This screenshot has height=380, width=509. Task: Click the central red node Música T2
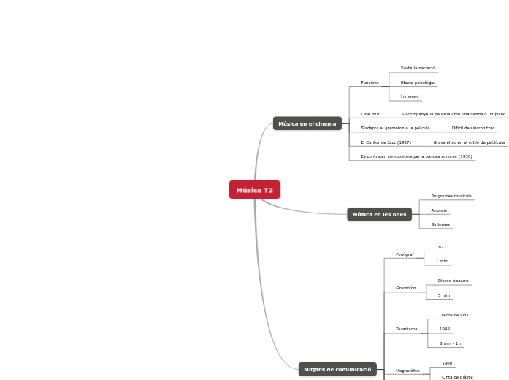point(254,190)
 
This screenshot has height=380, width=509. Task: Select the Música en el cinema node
point(307,123)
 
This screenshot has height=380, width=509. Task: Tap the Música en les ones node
point(379,214)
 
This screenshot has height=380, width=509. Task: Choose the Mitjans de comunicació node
point(337,369)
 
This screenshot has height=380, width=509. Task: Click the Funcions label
point(370,83)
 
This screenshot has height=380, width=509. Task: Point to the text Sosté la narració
point(417,67)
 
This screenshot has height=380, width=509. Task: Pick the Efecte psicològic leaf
point(417,83)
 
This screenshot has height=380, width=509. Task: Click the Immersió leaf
point(410,96)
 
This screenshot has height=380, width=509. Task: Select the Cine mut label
point(370,114)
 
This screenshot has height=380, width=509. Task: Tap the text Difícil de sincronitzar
point(472,128)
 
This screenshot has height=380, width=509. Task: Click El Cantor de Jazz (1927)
point(386,142)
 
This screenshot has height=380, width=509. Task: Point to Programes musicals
point(451,196)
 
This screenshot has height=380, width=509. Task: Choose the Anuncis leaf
point(439,210)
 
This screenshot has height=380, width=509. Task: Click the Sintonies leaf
point(440,224)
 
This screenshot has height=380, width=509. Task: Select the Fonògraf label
point(405,254)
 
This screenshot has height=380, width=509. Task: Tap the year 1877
point(441,247)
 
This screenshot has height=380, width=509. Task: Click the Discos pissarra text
point(453,281)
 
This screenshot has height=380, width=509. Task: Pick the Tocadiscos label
point(407,329)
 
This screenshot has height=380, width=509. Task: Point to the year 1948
point(445,329)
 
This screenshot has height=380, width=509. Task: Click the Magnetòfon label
point(407,370)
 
